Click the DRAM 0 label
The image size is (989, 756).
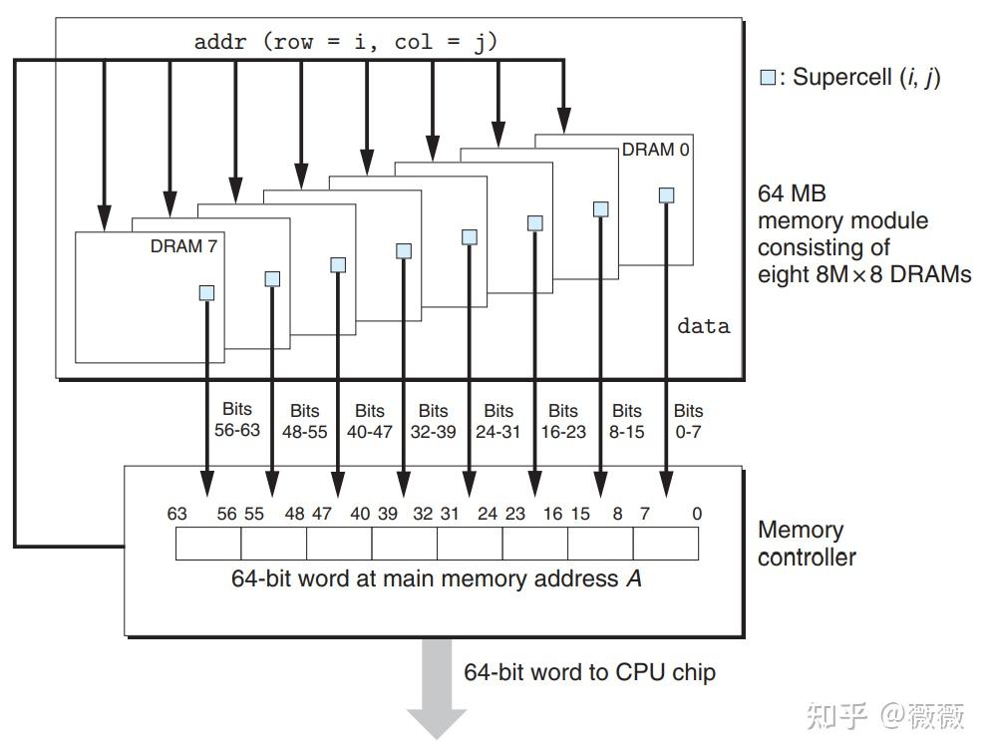(x=655, y=150)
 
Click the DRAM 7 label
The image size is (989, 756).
(x=183, y=246)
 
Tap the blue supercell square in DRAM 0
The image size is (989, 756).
(x=666, y=195)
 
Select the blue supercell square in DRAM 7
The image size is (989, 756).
(x=206, y=292)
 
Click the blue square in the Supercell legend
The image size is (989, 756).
(x=768, y=78)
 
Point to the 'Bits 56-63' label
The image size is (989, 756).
(x=237, y=419)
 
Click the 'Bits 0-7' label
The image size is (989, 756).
(x=688, y=420)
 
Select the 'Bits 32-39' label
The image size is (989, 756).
(x=434, y=420)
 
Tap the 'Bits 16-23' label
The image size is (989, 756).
(x=563, y=420)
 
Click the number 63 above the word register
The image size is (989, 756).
(x=177, y=514)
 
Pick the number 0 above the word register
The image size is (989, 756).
(x=697, y=514)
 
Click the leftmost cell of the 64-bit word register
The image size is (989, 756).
(x=208, y=544)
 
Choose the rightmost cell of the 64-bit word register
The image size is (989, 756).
(x=665, y=544)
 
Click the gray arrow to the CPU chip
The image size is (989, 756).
(x=437, y=688)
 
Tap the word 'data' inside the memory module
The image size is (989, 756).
(x=704, y=326)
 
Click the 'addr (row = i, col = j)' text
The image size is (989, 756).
(x=345, y=42)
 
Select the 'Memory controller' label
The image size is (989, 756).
(x=807, y=544)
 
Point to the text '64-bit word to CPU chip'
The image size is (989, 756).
(x=589, y=671)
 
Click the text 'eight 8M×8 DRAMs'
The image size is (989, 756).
(x=863, y=273)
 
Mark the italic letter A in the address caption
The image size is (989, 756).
(x=634, y=578)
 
